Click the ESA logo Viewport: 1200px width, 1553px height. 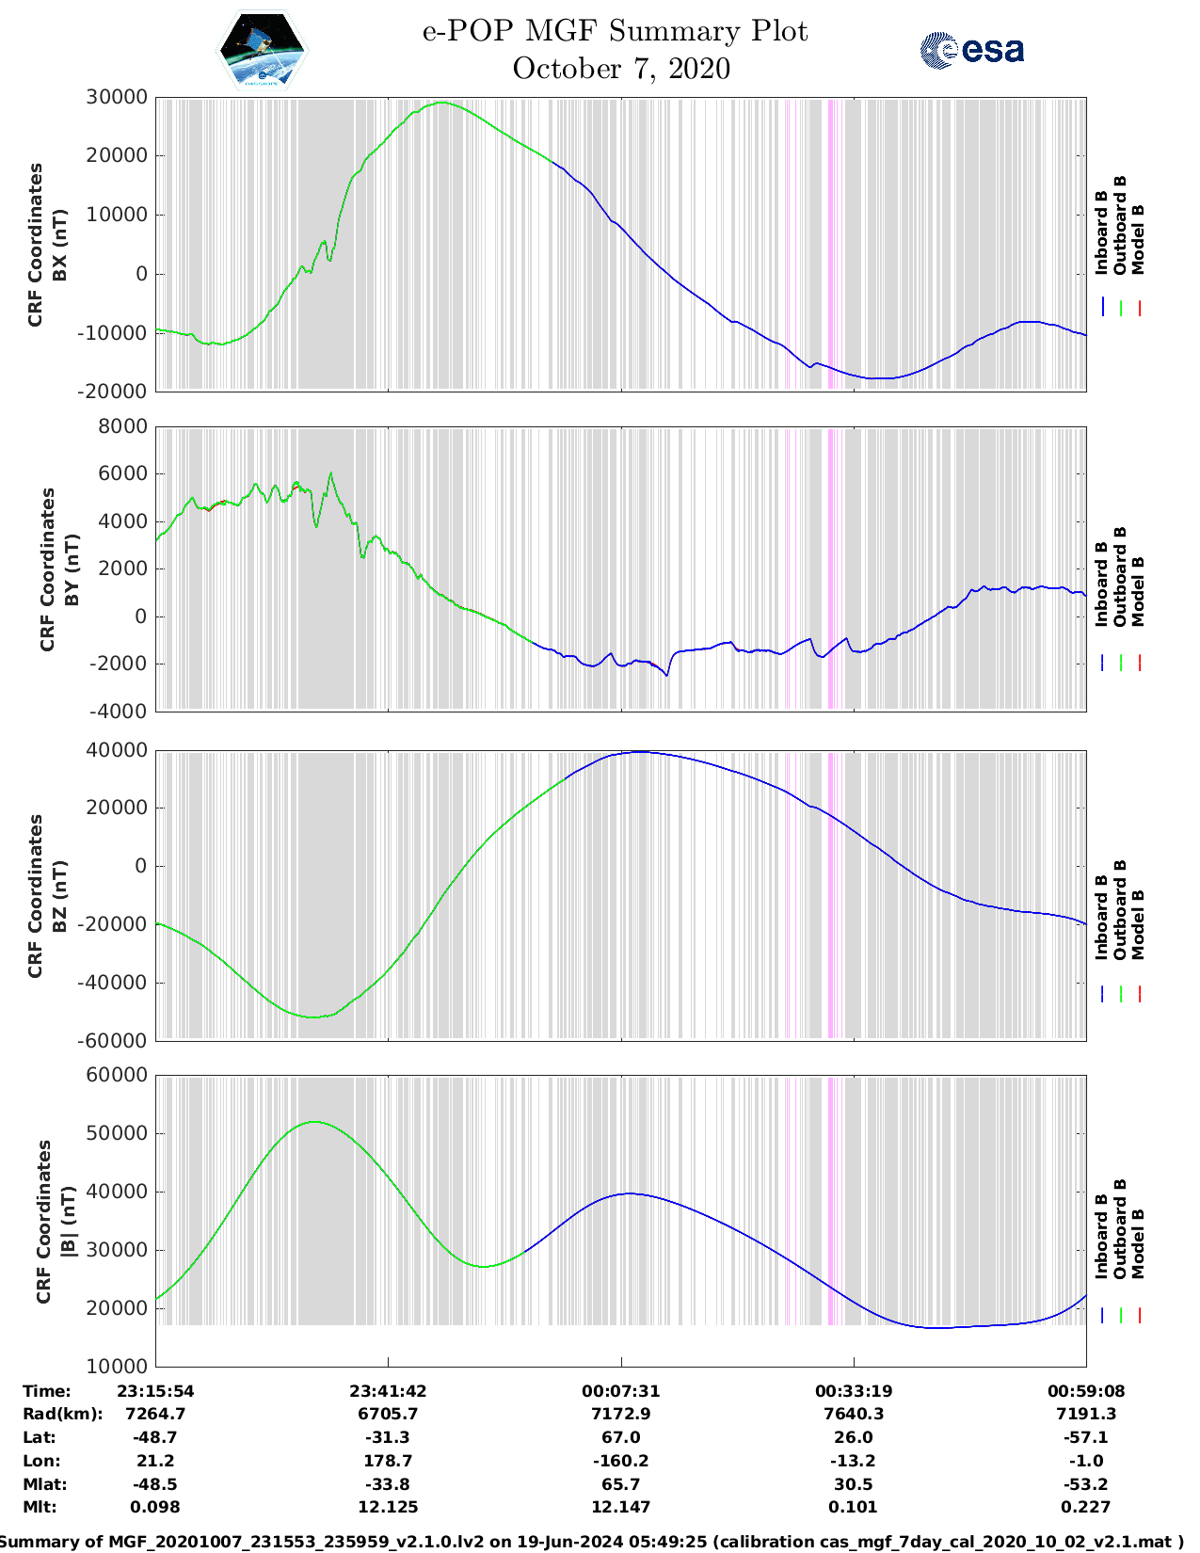(x=972, y=50)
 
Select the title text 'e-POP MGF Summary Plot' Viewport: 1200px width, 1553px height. (x=615, y=31)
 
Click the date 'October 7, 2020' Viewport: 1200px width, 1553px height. (x=621, y=69)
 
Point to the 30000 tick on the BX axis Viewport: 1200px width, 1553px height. (x=117, y=97)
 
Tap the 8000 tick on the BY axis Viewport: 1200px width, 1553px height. (x=122, y=426)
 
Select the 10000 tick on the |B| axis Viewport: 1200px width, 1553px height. (x=117, y=1366)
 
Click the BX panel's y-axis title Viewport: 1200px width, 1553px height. (x=47, y=244)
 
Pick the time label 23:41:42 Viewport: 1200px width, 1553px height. (x=388, y=1391)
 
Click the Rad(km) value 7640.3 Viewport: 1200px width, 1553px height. (x=854, y=1414)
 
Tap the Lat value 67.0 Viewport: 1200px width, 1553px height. (x=621, y=1437)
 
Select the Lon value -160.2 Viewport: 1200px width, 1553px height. (x=621, y=1461)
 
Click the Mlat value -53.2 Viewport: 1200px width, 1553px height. (x=1086, y=1484)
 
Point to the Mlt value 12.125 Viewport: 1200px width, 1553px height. (x=388, y=1507)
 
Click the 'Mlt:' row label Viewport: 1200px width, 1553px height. (x=40, y=1507)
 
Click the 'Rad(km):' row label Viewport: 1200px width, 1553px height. (x=62, y=1414)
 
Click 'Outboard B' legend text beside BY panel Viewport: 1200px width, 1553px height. (x=1120, y=576)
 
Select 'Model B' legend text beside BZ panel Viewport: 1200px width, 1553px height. (x=1138, y=924)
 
